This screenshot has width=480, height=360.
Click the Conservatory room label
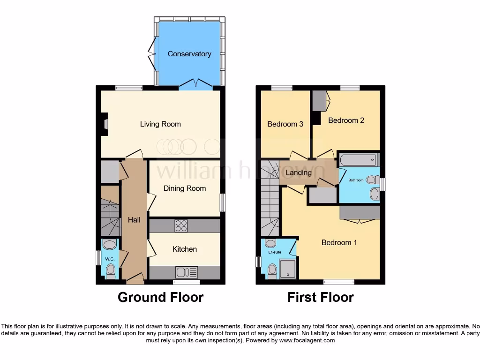189,54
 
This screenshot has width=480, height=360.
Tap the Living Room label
160,124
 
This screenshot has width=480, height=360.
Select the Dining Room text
185,188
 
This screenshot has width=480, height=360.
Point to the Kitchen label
185,249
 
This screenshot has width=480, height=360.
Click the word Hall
134,220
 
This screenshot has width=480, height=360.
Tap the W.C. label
110,259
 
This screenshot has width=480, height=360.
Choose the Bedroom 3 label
285,124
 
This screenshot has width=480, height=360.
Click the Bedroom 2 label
346,120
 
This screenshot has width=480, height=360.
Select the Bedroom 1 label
339,242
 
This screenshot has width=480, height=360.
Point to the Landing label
299,172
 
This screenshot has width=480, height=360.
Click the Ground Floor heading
160,297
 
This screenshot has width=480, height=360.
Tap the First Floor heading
321,297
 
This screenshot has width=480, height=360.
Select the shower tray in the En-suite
288,269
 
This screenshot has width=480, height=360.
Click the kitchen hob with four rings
181,225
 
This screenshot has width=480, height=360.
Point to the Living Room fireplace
105,124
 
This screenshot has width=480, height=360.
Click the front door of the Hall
135,280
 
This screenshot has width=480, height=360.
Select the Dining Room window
222,202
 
